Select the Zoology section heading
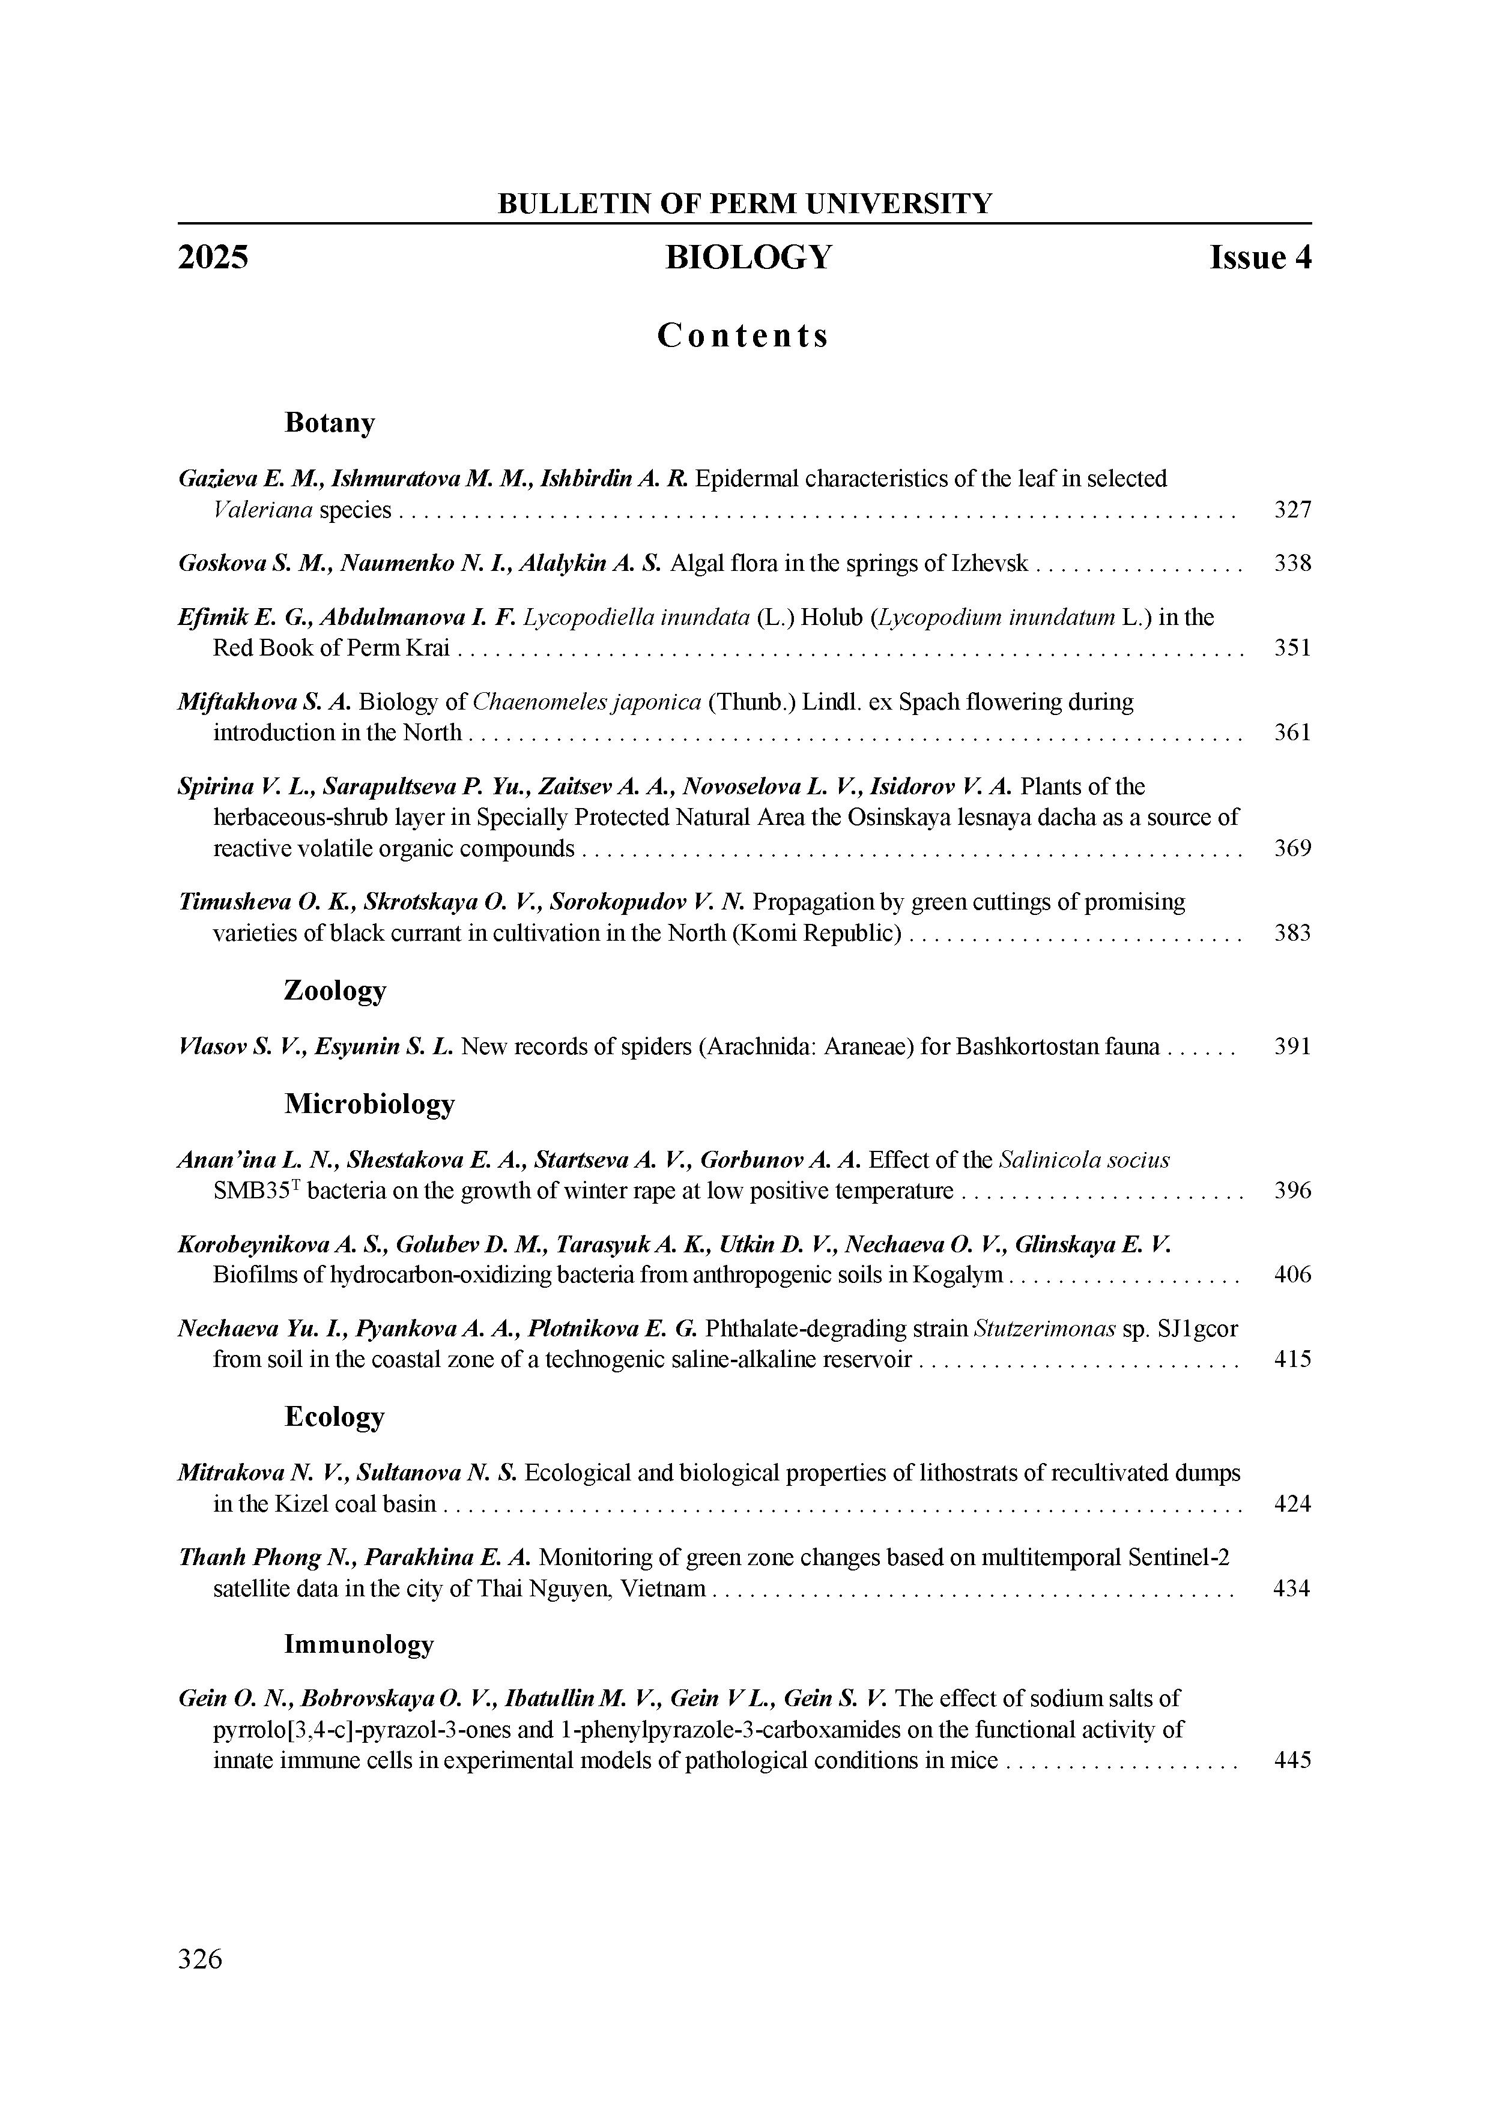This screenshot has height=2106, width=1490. [335, 991]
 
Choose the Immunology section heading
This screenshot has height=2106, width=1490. [359, 1644]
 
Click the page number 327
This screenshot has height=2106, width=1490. [1292, 509]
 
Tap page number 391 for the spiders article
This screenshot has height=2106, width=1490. [1292, 1046]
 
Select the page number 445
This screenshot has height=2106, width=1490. [1292, 1760]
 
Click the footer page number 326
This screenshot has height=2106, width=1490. [200, 1958]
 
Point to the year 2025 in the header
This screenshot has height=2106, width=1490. [213, 258]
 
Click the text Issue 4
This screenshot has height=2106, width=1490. [1260, 258]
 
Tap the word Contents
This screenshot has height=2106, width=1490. [743, 336]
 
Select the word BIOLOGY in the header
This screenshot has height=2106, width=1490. [749, 258]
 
